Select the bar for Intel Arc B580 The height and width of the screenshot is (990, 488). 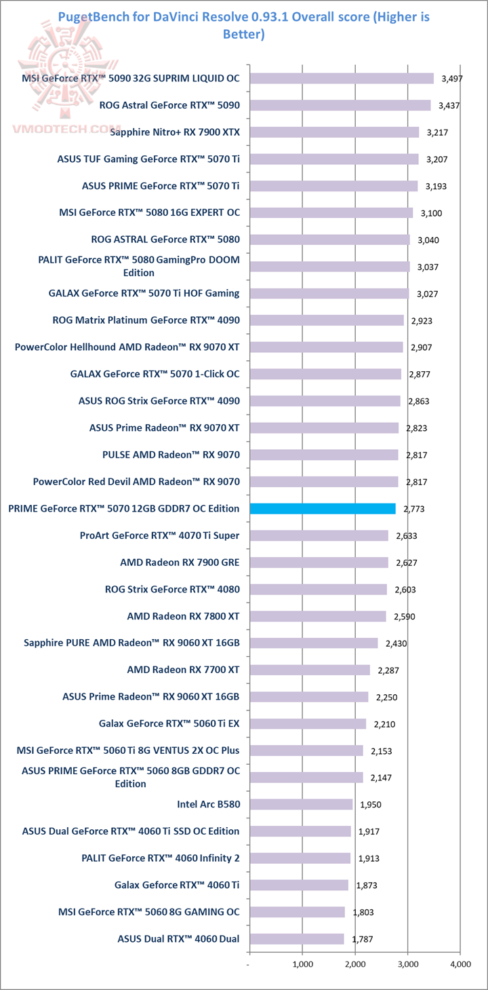coord(301,804)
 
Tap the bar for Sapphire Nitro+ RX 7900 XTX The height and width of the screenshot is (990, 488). coord(334,132)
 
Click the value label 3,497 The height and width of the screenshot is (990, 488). coord(451,79)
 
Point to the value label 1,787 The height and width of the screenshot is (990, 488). coord(362,939)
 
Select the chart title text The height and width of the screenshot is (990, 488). coord(243,24)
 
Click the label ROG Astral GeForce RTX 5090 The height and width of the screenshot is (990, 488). coord(169,105)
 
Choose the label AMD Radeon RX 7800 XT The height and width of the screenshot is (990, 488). coord(183,616)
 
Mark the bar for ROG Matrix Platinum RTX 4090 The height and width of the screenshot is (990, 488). coord(327,320)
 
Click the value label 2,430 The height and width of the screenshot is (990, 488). coord(396,643)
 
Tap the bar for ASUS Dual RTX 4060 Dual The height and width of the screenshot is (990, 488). coord(297,939)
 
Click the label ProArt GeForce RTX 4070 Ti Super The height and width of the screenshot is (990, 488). coord(159,535)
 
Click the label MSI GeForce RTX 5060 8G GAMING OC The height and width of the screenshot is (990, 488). coord(149,912)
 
